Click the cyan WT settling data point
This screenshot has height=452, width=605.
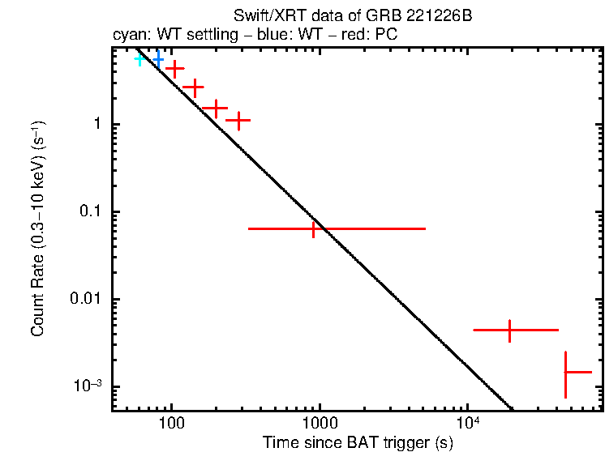pyautogui.click(x=139, y=59)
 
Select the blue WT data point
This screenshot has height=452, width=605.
pyautogui.click(x=158, y=59)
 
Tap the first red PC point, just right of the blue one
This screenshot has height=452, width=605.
pyautogui.click(x=174, y=70)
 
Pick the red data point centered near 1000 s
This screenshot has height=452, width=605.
pyautogui.click(x=314, y=229)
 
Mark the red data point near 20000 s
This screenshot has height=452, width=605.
pyautogui.click(x=509, y=330)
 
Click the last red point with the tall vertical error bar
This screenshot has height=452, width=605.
pyautogui.click(x=566, y=372)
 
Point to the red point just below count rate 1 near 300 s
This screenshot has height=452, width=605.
pyautogui.click(x=238, y=120)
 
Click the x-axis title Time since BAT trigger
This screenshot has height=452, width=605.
pyautogui.click(x=358, y=443)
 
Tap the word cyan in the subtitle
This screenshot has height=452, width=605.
pyautogui.click(x=128, y=36)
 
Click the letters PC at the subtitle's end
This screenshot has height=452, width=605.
pyautogui.click(x=386, y=36)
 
